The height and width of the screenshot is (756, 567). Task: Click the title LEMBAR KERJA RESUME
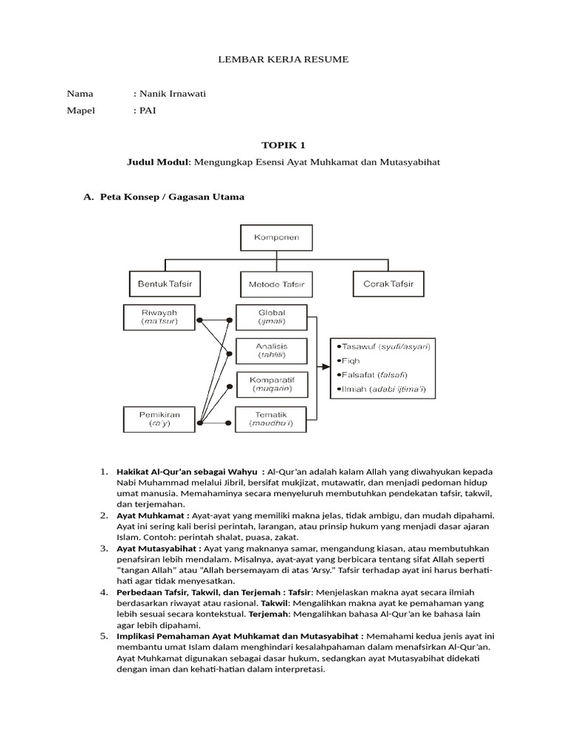click(x=283, y=58)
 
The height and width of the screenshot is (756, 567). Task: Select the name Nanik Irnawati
click(x=171, y=94)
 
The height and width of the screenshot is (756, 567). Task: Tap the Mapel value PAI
click(x=147, y=111)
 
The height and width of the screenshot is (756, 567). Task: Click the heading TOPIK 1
click(x=283, y=145)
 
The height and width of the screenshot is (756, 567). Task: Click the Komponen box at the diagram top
click(x=276, y=238)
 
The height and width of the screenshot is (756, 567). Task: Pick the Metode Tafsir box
click(x=276, y=284)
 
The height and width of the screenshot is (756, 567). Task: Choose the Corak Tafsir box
click(x=388, y=283)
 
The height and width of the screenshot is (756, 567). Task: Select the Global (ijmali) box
click(x=271, y=316)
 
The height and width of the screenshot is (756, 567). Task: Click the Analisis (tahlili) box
click(x=271, y=350)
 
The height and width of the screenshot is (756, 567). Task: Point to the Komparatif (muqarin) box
click(x=271, y=383)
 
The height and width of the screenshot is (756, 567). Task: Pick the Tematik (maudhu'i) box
click(x=271, y=419)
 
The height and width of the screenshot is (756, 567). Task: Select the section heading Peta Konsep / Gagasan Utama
click(x=171, y=197)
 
